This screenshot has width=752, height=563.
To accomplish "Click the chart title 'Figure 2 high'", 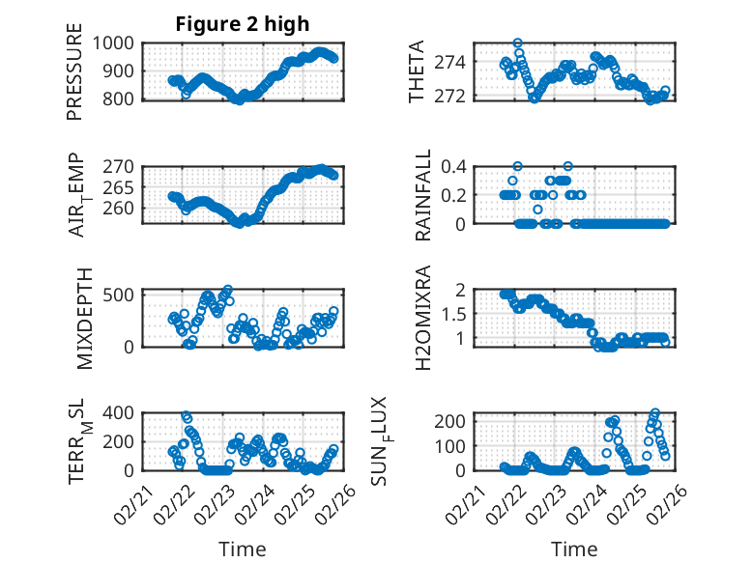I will [242, 24].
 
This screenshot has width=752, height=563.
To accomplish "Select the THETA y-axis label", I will [417, 71].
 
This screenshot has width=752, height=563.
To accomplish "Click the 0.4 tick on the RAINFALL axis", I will [454, 166].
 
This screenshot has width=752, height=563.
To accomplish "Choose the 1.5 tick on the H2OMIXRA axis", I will [454, 314].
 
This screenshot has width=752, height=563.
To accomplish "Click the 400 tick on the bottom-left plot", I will [122, 412].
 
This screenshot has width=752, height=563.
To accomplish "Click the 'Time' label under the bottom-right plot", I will [574, 549].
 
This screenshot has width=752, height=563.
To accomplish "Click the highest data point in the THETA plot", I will [518, 43].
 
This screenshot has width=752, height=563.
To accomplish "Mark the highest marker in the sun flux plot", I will [654, 413].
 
